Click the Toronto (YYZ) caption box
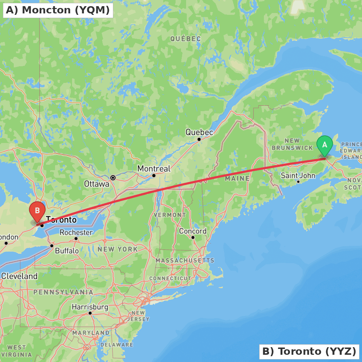tap(309, 351)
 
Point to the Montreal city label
tap(154, 169)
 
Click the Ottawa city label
tap(97, 184)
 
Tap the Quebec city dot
tap(199, 139)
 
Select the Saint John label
tap(298, 176)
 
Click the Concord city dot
tap(193, 237)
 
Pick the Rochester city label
tap(76, 232)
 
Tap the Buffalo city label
tap(67, 251)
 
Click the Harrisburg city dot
tap(90, 313)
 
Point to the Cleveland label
tap(19, 276)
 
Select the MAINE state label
tap(237, 178)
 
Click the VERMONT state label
tap(170, 215)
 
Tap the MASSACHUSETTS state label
tap(185, 260)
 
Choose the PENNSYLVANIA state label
tap(63, 292)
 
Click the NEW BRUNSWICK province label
tap(292, 144)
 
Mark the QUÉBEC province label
tap(185, 38)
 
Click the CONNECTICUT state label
tap(170, 278)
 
